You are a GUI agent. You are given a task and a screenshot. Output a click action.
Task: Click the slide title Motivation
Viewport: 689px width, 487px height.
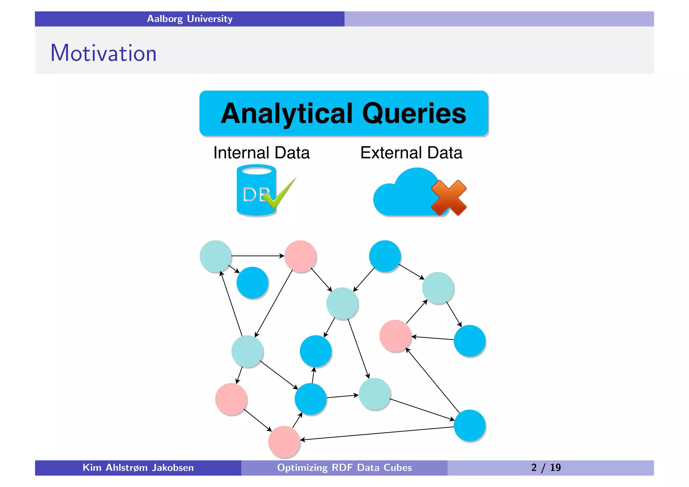103,53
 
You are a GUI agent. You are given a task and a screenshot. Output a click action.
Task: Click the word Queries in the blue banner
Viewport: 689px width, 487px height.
414,114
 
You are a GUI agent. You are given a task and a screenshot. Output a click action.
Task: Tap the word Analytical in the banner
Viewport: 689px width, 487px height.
287,114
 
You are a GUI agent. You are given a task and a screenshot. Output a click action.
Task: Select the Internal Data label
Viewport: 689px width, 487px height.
261,153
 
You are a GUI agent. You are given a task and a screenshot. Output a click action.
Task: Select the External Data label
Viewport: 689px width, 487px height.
411,153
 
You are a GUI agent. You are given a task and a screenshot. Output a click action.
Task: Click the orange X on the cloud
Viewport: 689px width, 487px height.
449,198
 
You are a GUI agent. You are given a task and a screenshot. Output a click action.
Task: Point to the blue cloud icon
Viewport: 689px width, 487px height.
404,195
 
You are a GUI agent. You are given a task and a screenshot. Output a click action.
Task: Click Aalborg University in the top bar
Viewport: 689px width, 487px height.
189,19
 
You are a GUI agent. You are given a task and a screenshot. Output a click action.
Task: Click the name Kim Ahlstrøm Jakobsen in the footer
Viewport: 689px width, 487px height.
138,467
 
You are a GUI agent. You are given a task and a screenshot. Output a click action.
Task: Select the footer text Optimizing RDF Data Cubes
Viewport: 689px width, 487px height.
344,467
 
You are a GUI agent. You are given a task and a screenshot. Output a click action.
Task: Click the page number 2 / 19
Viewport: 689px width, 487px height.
546,467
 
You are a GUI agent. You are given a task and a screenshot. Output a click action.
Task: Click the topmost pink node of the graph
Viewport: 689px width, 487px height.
300,256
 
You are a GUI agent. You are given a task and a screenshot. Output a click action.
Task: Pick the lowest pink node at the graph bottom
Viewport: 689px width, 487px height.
284,442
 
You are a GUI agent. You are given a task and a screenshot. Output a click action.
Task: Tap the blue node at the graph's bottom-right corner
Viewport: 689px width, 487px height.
469,425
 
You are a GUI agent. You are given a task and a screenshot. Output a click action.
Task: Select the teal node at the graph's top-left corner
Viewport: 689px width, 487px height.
216,256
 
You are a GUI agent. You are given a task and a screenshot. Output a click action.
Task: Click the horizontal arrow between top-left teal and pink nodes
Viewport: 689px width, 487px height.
258,256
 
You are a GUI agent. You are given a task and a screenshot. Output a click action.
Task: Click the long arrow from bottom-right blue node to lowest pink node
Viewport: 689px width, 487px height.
377,433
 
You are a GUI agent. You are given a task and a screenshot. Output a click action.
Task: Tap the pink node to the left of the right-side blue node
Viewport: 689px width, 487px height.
395,336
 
